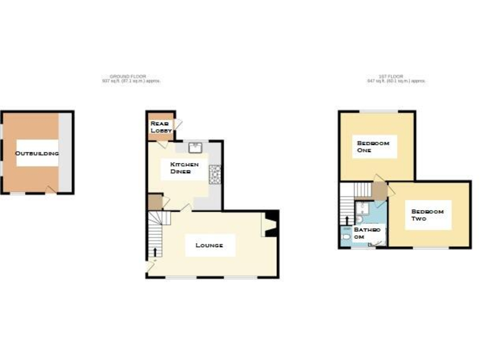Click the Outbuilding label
37,153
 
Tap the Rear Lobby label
161,127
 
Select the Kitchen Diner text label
184,167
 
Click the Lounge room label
209,245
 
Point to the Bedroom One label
373,146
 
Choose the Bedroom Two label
427,215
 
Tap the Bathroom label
367,233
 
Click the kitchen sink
194,147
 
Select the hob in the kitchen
215,174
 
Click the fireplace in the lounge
270,224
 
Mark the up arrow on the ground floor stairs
156,252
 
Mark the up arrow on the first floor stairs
347,221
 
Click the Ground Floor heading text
131,78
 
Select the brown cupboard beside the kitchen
155,202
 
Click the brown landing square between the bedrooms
380,189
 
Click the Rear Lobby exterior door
177,124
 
